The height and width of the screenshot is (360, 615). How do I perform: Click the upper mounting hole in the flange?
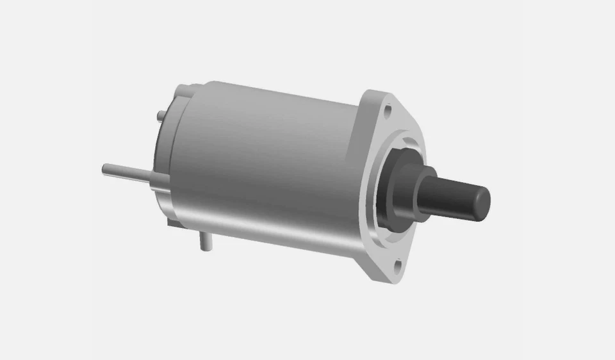[x=387, y=110]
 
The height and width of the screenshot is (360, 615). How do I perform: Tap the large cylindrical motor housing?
[x=269, y=160]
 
